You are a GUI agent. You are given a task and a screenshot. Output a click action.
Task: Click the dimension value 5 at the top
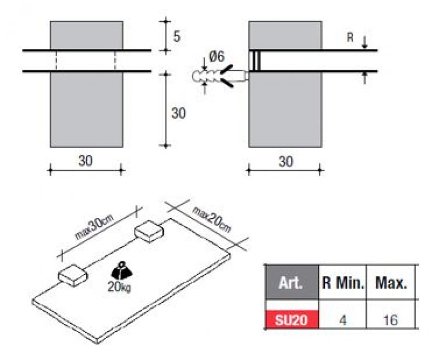click(x=177, y=36)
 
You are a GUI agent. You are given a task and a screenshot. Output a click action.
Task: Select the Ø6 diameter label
click(x=217, y=57)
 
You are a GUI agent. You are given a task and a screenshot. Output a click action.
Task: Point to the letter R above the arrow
click(x=350, y=37)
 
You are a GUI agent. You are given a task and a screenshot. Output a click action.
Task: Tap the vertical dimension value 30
click(x=179, y=113)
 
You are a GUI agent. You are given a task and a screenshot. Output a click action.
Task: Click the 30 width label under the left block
click(x=86, y=161)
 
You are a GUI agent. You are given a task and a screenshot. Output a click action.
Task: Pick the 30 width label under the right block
click(x=286, y=161)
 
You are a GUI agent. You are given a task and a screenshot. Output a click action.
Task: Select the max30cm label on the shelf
click(x=94, y=227)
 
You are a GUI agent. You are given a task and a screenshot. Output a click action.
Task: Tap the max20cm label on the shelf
click(x=211, y=220)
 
